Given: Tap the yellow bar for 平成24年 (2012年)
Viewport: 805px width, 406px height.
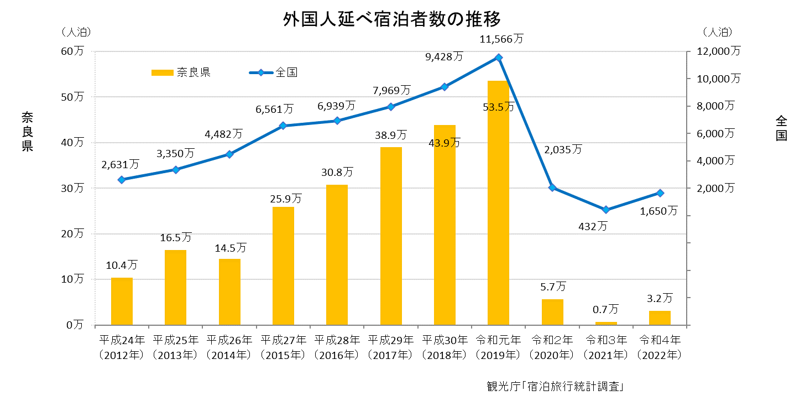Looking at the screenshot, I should click(122, 301).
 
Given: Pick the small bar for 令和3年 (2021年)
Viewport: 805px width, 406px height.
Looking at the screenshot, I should click(606, 323).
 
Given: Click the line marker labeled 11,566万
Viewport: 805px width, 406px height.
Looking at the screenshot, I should click(499, 58).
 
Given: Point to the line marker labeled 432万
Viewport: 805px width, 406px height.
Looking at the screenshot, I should click(606, 210).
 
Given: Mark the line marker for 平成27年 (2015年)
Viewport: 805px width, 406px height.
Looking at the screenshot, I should click(283, 126).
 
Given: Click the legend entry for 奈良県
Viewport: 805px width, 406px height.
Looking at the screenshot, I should click(180, 72).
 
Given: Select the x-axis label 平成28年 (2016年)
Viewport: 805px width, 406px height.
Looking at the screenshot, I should click(337, 347).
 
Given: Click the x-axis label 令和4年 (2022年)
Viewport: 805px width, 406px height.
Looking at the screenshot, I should click(659, 347).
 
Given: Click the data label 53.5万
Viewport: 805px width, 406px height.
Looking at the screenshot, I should click(498, 107).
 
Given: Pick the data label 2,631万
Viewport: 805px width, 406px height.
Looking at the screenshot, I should click(120, 164).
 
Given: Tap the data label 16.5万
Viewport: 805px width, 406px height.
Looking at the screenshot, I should click(175, 237).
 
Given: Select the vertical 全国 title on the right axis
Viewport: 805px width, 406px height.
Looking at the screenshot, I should click(781, 128).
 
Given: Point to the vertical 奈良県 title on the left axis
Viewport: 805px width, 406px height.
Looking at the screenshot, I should click(27, 131).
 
